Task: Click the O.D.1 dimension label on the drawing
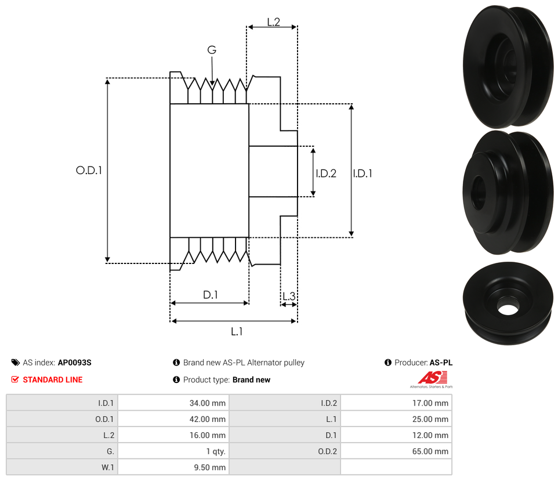(89, 170)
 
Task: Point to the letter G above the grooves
(212, 50)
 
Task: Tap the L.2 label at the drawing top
(274, 22)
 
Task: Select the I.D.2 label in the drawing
(326, 173)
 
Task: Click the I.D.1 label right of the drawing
(363, 173)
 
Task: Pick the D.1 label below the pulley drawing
(211, 295)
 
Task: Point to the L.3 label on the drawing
(289, 296)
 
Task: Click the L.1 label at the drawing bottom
(237, 331)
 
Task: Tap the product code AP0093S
(75, 363)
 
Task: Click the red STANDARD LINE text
(53, 379)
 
